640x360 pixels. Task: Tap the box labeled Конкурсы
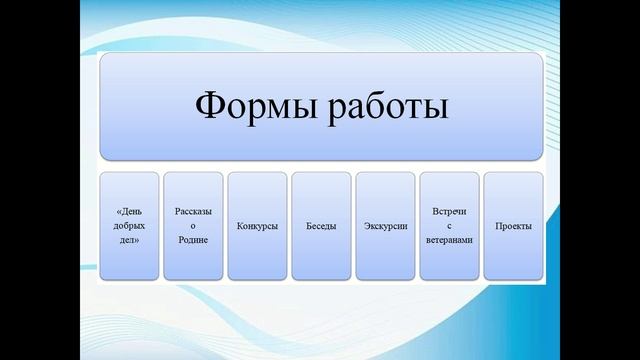(x=257, y=226)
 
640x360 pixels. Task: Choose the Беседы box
(x=321, y=226)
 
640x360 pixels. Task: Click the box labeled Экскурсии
(x=385, y=226)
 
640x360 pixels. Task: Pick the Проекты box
(x=513, y=226)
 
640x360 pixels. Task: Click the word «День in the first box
(x=129, y=213)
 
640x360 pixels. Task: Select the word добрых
(x=129, y=226)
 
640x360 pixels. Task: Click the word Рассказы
(x=193, y=212)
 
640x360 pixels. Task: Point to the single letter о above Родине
(x=193, y=226)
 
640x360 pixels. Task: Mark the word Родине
(x=193, y=240)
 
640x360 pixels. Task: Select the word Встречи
(x=449, y=212)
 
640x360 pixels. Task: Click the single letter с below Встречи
(x=449, y=226)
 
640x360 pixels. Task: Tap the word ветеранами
(x=449, y=240)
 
